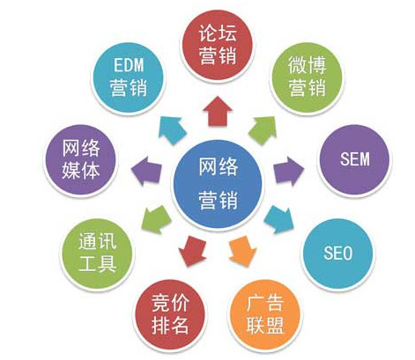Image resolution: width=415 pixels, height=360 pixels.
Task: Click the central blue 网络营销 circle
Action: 218,185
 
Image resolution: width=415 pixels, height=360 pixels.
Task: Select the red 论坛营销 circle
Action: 218,45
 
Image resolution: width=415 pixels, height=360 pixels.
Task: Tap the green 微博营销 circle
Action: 308,77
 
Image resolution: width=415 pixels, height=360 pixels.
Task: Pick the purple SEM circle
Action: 354,159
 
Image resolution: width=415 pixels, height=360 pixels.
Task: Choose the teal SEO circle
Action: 338,253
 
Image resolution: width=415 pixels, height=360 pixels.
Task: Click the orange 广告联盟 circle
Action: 265,315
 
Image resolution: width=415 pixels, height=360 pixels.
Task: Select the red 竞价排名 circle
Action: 170,315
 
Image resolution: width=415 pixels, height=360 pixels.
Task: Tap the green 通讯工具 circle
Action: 97,253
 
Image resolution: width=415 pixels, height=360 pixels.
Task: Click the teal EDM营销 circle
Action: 129,77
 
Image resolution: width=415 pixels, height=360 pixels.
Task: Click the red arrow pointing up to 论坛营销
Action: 218,112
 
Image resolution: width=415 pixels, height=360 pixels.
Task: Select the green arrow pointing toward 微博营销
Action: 263,130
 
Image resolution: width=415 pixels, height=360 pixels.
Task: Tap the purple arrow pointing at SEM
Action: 289,171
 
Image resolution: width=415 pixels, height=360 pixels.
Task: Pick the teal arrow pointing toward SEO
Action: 279,219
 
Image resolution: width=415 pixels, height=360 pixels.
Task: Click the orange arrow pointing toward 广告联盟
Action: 242,252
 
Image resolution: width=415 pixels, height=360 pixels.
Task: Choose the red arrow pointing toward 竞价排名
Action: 192,252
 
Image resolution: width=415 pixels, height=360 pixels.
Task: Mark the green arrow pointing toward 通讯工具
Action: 156,219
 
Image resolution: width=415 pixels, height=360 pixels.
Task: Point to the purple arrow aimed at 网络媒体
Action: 146,171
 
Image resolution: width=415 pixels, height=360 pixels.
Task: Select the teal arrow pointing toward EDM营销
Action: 173,130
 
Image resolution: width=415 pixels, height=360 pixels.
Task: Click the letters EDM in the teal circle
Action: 129,65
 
